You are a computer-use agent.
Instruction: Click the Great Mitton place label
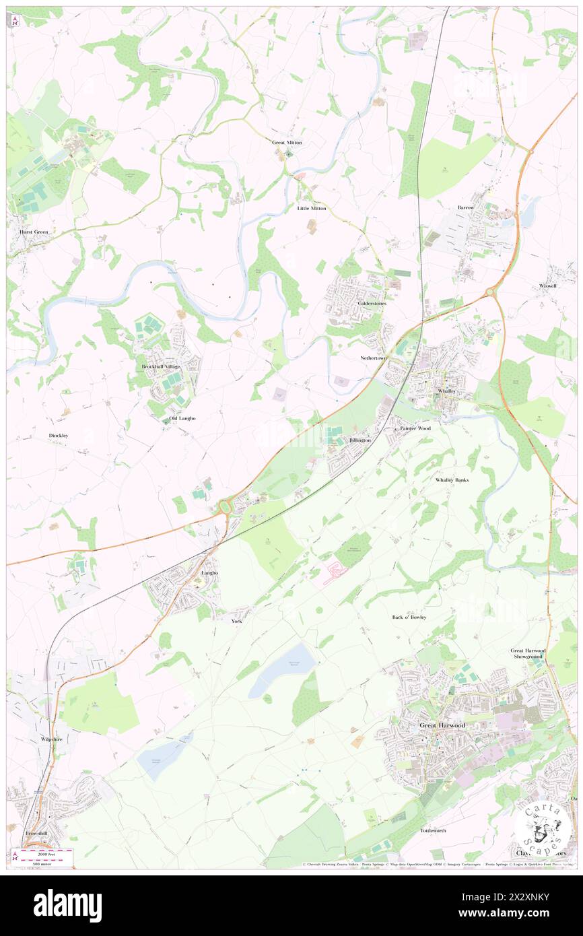(287, 143)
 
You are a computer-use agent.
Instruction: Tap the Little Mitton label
(312, 209)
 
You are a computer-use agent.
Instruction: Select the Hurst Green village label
(32, 232)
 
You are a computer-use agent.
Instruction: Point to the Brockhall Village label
(161, 366)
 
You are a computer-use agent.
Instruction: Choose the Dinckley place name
(59, 436)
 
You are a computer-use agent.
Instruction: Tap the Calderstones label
(372, 304)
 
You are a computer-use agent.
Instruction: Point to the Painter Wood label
(415, 428)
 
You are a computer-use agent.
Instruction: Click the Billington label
(360, 440)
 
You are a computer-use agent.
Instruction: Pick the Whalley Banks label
(452, 480)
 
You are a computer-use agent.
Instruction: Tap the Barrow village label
(466, 207)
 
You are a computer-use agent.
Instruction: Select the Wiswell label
(549, 286)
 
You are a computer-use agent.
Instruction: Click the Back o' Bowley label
(409, 617)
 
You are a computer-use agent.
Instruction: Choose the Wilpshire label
(51, 739)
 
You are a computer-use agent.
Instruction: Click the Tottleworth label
(433, 831)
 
